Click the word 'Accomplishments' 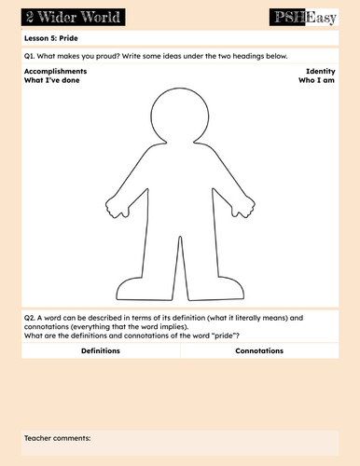pos(56,72)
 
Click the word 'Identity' pos(320,72)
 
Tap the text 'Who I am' pos(316,81)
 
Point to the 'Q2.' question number pos(30,318)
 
